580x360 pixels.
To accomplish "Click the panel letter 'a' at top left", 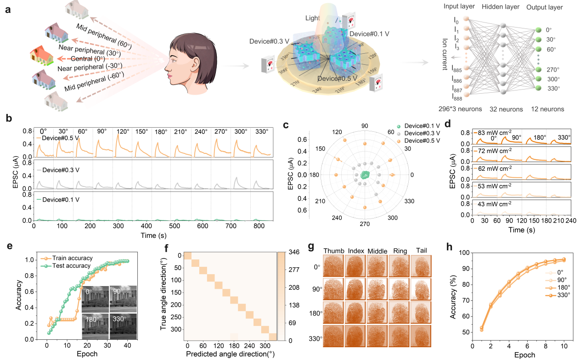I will coord(8,9).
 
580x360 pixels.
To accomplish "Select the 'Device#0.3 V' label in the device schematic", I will coord(269,41).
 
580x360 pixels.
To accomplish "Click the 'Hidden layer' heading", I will coord(504,8).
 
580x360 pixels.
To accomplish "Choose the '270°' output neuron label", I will coord(553,69).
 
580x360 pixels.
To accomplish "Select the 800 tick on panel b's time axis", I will coord(258,226).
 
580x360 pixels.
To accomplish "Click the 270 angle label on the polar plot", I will coord(364,224).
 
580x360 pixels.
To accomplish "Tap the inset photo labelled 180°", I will coord(95,326).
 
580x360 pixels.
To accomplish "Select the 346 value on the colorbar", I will coord(294,252).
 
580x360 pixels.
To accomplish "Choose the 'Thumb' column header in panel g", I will coord(337,250).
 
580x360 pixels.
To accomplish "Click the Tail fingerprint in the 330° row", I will coord(420,339).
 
